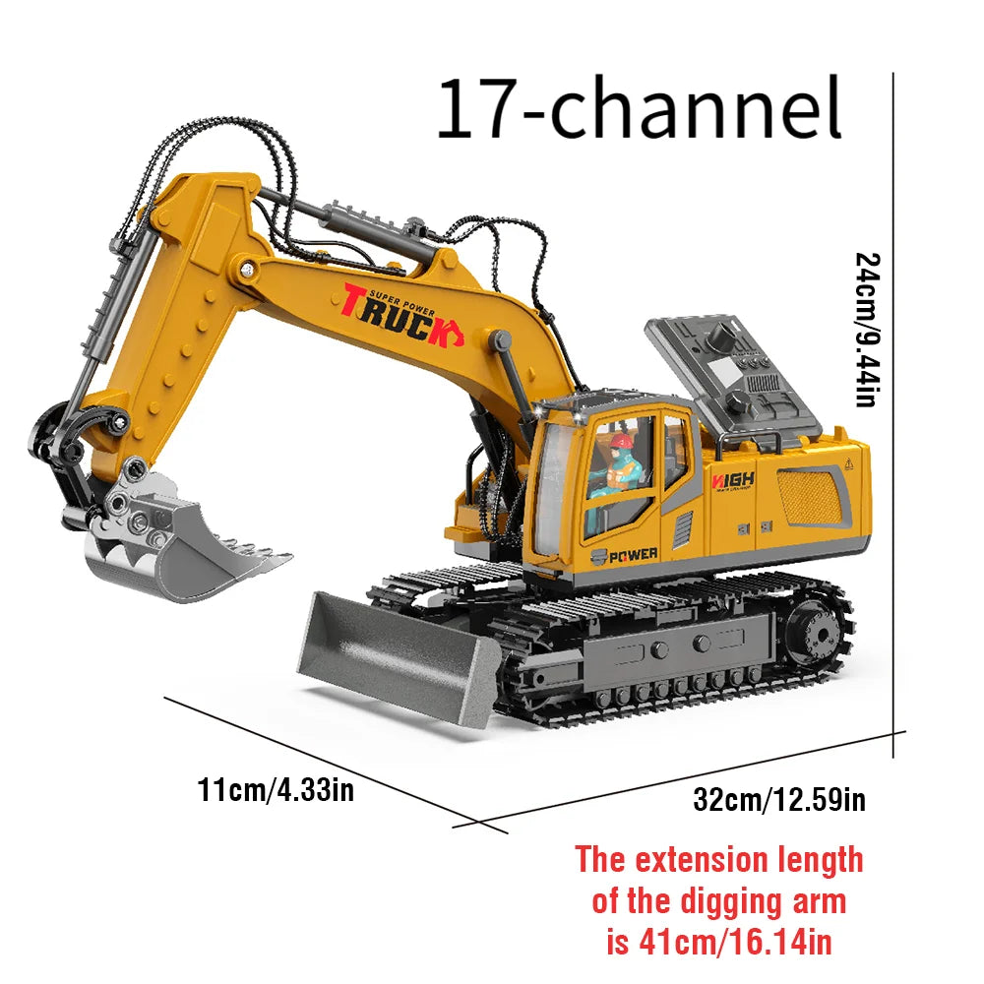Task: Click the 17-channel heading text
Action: point(640,109)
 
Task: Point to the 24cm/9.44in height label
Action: point(867,330)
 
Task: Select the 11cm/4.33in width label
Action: point(276,789)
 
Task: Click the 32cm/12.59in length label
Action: point(779,799)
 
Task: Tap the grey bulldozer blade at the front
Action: point(394,654)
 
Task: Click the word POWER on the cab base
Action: point(631,555)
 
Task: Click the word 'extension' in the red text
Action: point(699,860)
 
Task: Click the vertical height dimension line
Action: point(893,413)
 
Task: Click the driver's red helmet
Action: point(619,443)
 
